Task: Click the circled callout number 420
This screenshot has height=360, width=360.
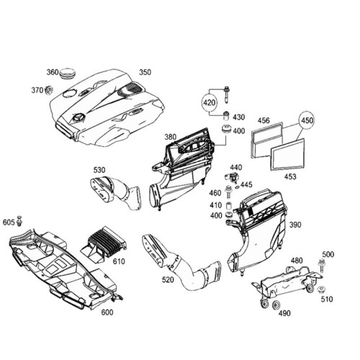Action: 209,103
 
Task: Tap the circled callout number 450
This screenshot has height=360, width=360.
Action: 307,120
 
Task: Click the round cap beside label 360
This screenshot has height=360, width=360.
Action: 68,73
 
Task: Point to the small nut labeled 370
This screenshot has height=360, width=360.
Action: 49,90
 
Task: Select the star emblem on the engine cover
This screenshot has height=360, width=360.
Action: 78,118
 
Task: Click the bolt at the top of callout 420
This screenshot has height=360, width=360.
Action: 226,94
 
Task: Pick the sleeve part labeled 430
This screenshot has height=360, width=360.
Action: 227,116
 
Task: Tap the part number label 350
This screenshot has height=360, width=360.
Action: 145,72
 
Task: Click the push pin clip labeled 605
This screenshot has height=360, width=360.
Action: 19,221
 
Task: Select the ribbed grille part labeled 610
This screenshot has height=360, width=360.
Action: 103,244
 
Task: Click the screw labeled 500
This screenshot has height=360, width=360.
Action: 321,266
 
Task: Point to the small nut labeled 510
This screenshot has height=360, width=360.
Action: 320,289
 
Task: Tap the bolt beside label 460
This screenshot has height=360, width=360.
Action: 228,192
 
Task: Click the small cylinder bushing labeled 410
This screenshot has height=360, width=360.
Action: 229,206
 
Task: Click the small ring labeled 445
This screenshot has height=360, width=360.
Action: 237,187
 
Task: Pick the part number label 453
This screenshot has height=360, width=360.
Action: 290,176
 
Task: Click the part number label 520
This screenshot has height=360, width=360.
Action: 168,279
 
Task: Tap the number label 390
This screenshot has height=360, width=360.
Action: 295,225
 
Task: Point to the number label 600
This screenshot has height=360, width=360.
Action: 107,312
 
